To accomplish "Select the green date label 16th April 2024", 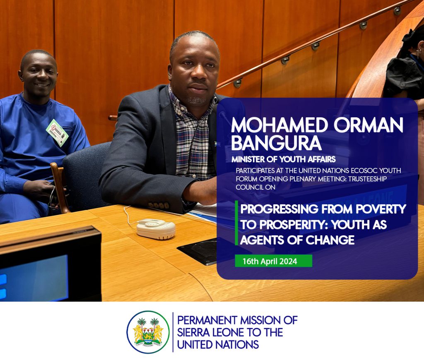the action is tap(273, 261).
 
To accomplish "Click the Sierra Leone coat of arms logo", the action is tap(148, 332).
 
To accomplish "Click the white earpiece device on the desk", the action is tap(156, 229).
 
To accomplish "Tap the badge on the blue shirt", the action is tap(57, 133).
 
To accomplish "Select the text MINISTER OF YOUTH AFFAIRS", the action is tap(283, 159).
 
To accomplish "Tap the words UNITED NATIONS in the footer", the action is tap(218, 345).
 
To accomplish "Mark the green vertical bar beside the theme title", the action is tap(236, 223).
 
